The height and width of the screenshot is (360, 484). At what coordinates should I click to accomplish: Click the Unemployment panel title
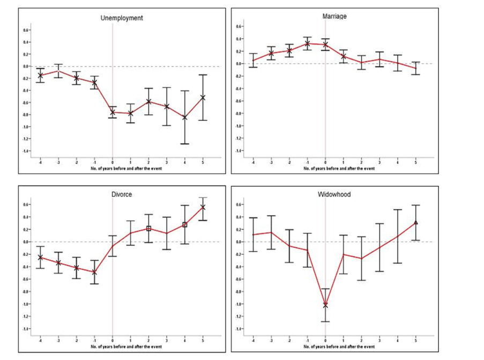coord(122,18)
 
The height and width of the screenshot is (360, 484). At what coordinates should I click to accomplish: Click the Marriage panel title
coord(335,16)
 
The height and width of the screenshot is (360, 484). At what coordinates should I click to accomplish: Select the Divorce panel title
coord(122,194)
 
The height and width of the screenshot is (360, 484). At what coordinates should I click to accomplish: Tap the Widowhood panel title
coord(334,194)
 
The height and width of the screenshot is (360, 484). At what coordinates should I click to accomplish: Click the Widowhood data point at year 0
coord(325,305)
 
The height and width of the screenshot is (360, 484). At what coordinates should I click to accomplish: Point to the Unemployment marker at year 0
coord(113,112)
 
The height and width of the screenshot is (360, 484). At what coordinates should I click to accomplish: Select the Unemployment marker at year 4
coord(185,117)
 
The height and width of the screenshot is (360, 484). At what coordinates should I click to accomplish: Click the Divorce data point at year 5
coord(203,207)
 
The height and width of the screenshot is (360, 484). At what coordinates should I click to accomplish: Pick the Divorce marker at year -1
coord(94,272)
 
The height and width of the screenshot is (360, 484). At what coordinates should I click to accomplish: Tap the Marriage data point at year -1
coord(307,44)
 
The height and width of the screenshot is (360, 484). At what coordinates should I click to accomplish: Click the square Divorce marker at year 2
coord(149,229)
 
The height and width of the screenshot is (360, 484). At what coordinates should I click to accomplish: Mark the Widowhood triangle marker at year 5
coord(415,222)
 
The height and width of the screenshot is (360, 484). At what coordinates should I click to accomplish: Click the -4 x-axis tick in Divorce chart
coord(40,340)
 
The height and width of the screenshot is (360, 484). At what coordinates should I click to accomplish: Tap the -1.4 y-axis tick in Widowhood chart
coord(239,329)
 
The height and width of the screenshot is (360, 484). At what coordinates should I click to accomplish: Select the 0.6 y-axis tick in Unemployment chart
coord(26,30)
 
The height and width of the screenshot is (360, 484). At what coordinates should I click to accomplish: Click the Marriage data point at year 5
coord(415,68)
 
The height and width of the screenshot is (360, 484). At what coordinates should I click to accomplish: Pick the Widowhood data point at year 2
coord(361,259)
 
